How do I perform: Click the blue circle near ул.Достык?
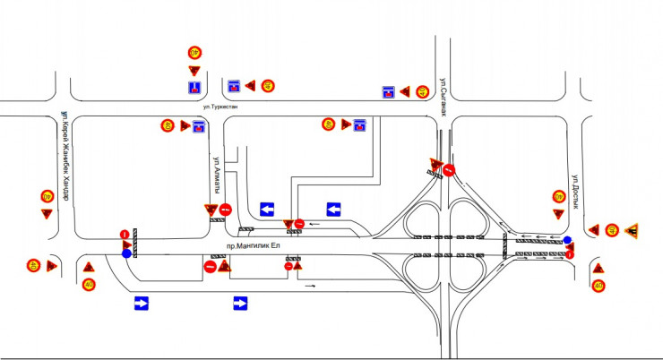coord(566,240)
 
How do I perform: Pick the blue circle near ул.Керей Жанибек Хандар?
coord(125,253)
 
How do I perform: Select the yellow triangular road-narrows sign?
coord(632,230)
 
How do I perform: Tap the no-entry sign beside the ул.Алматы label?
coord(226,210)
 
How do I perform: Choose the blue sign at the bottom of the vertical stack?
coord(194,88)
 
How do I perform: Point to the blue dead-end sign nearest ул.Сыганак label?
coord(388,91)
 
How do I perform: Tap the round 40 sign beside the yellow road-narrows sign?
coord(612,230)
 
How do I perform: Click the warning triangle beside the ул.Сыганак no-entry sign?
coord(435,165)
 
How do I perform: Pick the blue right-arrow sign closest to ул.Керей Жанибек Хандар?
coord(141,304)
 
